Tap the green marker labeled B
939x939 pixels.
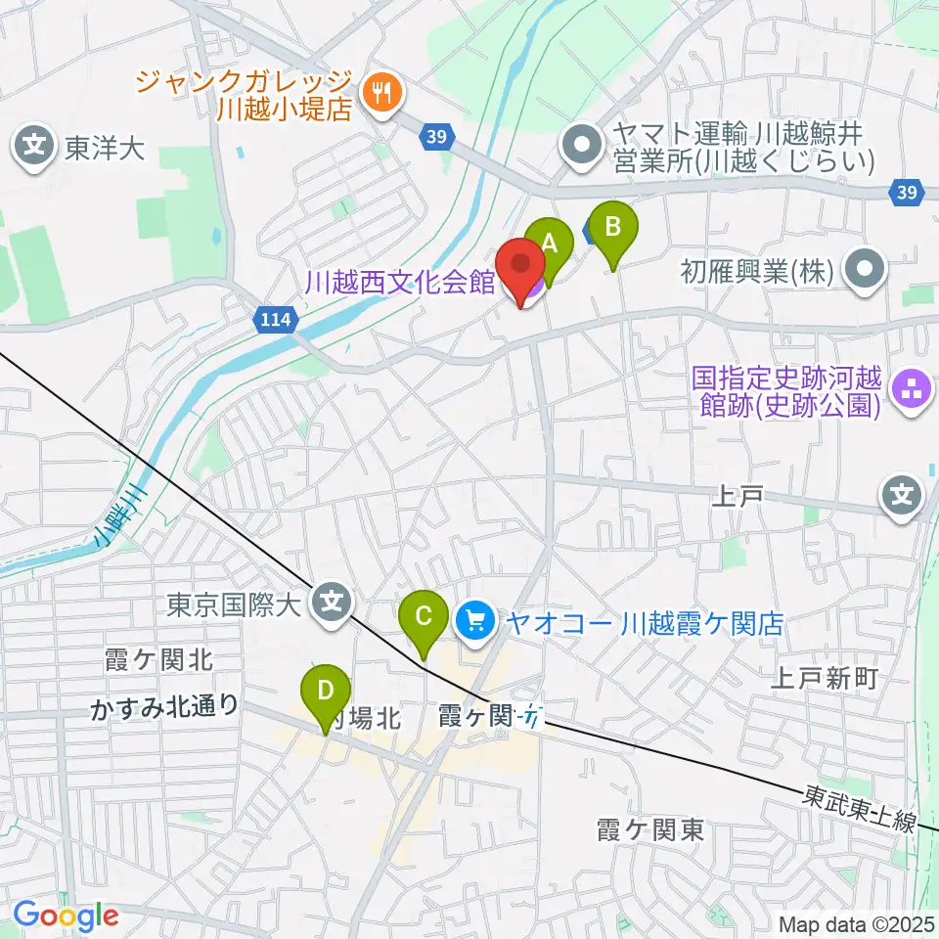(612, 229)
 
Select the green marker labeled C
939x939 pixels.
(424, 617)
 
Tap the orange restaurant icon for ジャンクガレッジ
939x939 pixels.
(378, 94)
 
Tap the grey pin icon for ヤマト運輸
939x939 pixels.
(584, 147)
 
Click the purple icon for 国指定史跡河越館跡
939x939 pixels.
(912, 390)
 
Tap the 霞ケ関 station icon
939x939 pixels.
(531, 719)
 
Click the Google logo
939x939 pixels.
(65, 916)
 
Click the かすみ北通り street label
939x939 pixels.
(164, 706)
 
